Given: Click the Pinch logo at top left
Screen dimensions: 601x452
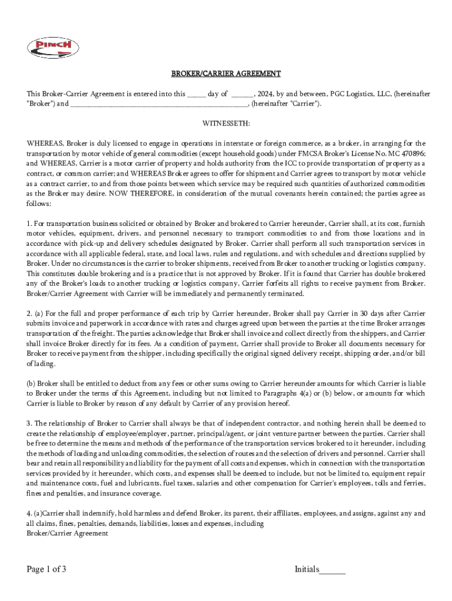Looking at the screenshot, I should pyautogui.click(x=53, y=48).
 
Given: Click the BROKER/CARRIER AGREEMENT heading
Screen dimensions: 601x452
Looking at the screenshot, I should pyautogui.click(x=226, y=74).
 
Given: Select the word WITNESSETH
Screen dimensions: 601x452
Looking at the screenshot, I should pyautogui.click(x=226, y=124).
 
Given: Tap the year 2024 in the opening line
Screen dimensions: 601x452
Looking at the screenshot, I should pyautogui.click(x=264, y=94).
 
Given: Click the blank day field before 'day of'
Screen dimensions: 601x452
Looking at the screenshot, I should pyautogui.click(x=196, y=94).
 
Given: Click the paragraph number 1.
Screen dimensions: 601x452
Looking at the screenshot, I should pyautogui.click(x=29, y=224).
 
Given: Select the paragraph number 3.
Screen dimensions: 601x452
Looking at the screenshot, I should pyautogui.click(x=29, y=423).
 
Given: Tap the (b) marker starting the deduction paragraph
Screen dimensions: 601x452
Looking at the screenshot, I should pyautogui.click(x=31, y=383).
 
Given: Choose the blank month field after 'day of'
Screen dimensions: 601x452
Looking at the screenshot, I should pyautogui.click(x=242, y=94).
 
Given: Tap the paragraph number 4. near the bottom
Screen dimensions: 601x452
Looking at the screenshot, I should pyautogui.click(x=29, y=514).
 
